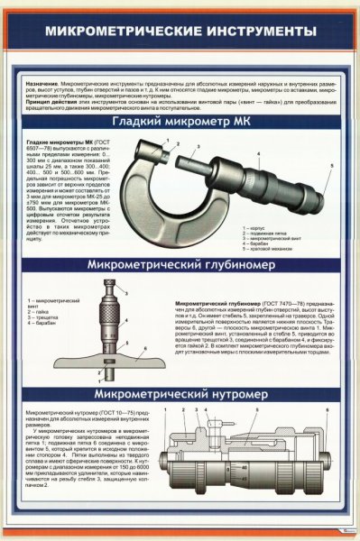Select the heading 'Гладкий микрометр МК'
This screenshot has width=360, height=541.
180,123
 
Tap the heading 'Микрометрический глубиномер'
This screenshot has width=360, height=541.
180,267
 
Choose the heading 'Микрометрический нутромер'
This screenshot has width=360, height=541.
180,394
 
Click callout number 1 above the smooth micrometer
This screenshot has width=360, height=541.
165,142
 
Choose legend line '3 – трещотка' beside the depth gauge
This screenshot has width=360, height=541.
43,318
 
